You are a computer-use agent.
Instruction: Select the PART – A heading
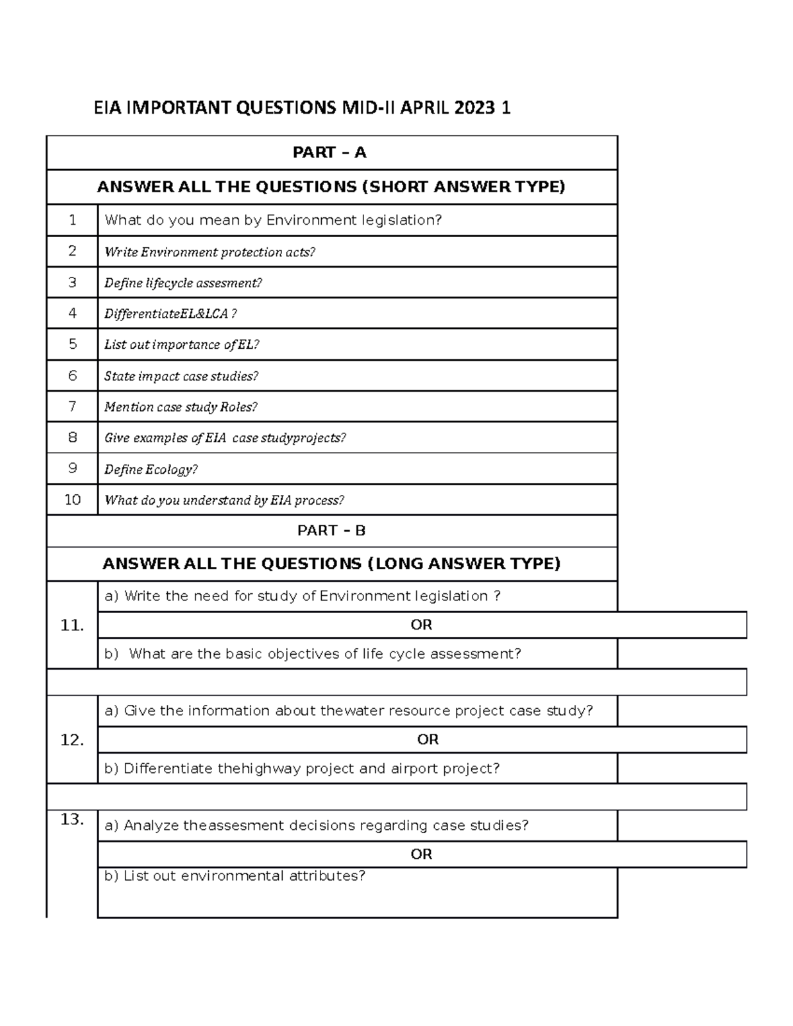coord(330,153)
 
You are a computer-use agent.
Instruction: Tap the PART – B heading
coord(331,531)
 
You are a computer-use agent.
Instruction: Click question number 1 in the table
coord(73,220)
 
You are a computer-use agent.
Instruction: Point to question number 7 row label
coord(73,406)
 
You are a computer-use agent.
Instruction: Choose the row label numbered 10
coord(73,499)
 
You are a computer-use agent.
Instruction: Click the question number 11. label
coord(72,625)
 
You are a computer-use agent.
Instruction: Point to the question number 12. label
coord(72,740)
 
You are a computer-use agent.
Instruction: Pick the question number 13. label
coord(72,820)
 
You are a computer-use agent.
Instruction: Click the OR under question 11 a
coord(422,625)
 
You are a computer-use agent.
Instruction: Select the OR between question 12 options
coord(428,740)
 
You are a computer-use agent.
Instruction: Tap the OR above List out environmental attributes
coord(422,854)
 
